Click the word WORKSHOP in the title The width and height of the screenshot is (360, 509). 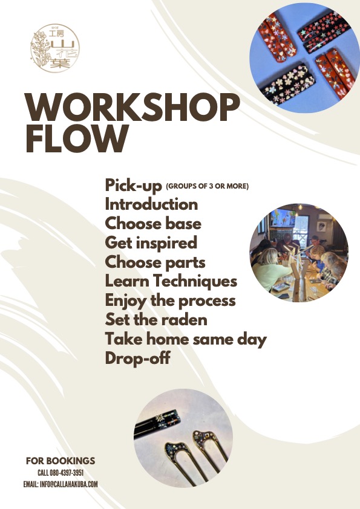133,108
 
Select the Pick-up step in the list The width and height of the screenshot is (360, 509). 133,186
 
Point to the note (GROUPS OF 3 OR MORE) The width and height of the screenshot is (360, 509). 208,186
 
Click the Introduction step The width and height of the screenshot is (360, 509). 151,204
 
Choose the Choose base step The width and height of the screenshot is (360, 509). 153,224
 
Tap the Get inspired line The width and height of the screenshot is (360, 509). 151,243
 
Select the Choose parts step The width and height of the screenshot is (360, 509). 155,262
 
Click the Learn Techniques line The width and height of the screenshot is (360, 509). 171,281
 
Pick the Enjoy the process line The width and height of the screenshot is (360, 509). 170,300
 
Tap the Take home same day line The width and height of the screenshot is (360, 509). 186,339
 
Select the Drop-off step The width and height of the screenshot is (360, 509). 138,358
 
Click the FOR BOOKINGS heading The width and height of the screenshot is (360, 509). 61,461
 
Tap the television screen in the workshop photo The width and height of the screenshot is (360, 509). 283,218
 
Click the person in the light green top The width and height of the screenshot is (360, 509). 270,270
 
